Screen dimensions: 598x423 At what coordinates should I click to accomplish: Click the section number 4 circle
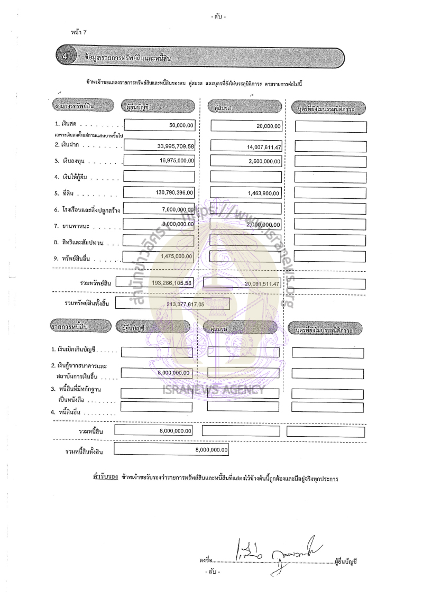64,56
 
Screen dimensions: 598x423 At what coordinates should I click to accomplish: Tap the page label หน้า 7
78,33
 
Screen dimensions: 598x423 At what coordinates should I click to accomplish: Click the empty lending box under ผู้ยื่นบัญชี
159,177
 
